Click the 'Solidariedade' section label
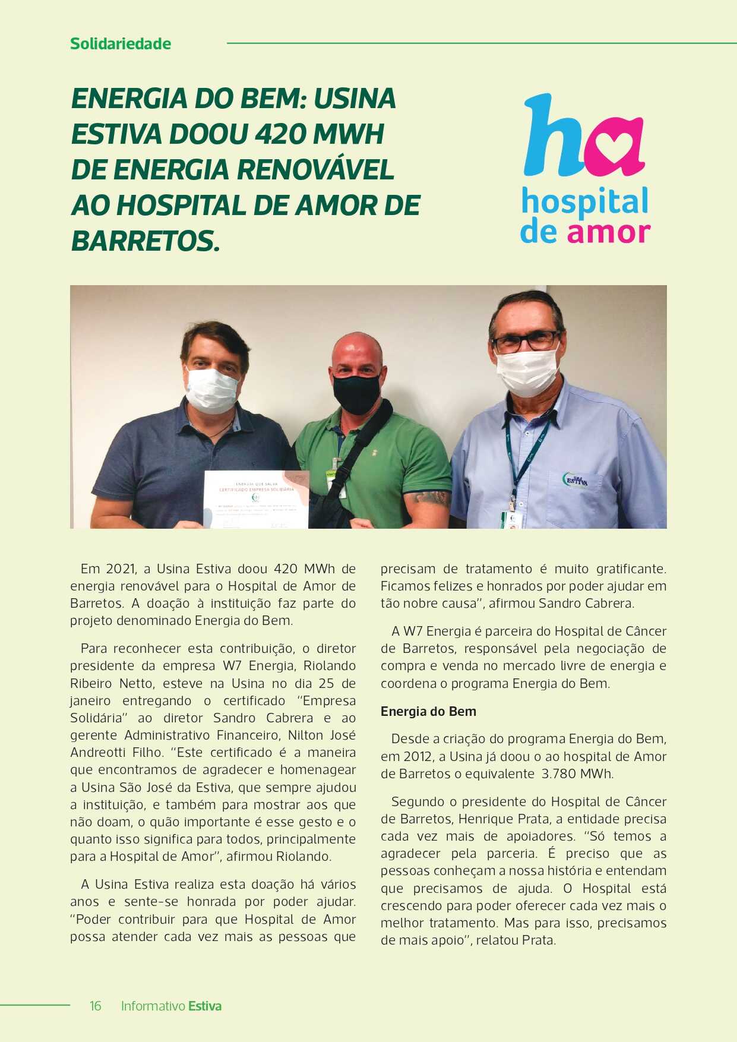121,44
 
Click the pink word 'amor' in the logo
609,232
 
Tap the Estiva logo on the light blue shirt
575,479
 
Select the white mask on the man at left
212,390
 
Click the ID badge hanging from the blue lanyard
512,518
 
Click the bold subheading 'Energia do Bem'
428,711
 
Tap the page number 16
96,1006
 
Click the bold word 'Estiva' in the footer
205,1006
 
